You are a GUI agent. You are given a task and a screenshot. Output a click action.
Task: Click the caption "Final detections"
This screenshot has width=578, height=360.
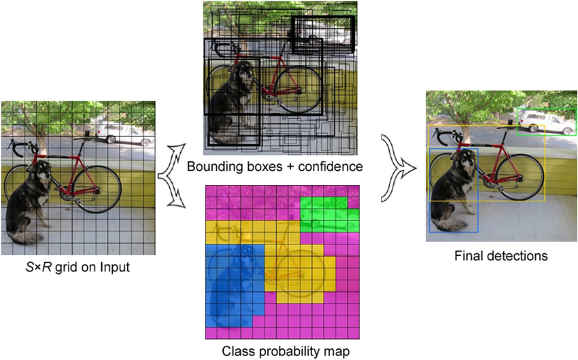coord(500,257)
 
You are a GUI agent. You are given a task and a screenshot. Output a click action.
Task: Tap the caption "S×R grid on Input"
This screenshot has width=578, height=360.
coord(78,267)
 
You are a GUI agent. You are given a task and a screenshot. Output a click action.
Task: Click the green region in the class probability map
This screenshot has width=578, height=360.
coord(329,215)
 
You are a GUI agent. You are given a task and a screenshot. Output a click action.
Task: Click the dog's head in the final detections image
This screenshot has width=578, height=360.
coord(464,164)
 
